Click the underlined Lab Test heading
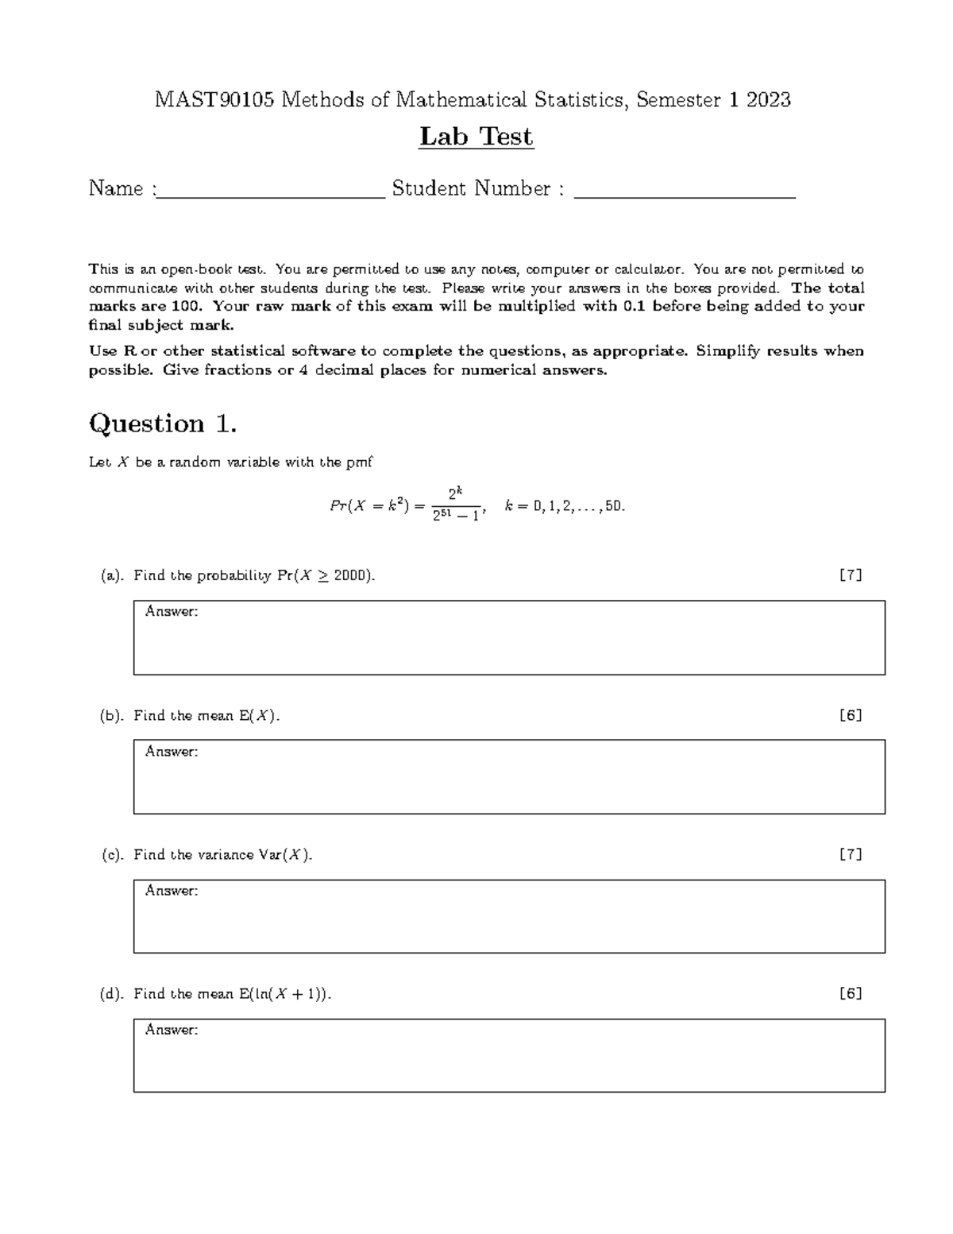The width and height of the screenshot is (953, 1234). (x=476, y=137)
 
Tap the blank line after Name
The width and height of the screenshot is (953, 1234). (x=270, y=191)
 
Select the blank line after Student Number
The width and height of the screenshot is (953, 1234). (x=685, y=191)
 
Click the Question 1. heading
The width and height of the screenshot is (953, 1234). (x=163, y=424)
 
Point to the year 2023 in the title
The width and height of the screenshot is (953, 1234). (x=768, y=100)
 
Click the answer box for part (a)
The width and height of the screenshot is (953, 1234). (x=509, y=638)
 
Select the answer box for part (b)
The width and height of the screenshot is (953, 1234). (x=509, y=777)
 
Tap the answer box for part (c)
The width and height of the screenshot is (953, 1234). (x=509, y=916)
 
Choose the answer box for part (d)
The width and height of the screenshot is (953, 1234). (x=509, y=1055)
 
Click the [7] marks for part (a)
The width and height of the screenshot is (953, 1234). (x=851, y=575)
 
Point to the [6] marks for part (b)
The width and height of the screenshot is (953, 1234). (x=851, y=715)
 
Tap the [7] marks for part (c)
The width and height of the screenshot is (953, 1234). (x=851, y=854)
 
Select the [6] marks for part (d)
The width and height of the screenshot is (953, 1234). (x=851, y=993)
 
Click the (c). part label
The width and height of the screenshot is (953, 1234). (x=112, y=855)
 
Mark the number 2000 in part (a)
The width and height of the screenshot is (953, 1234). (x=349, y=576)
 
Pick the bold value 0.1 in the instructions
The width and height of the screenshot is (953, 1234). (x=636, y=307)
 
